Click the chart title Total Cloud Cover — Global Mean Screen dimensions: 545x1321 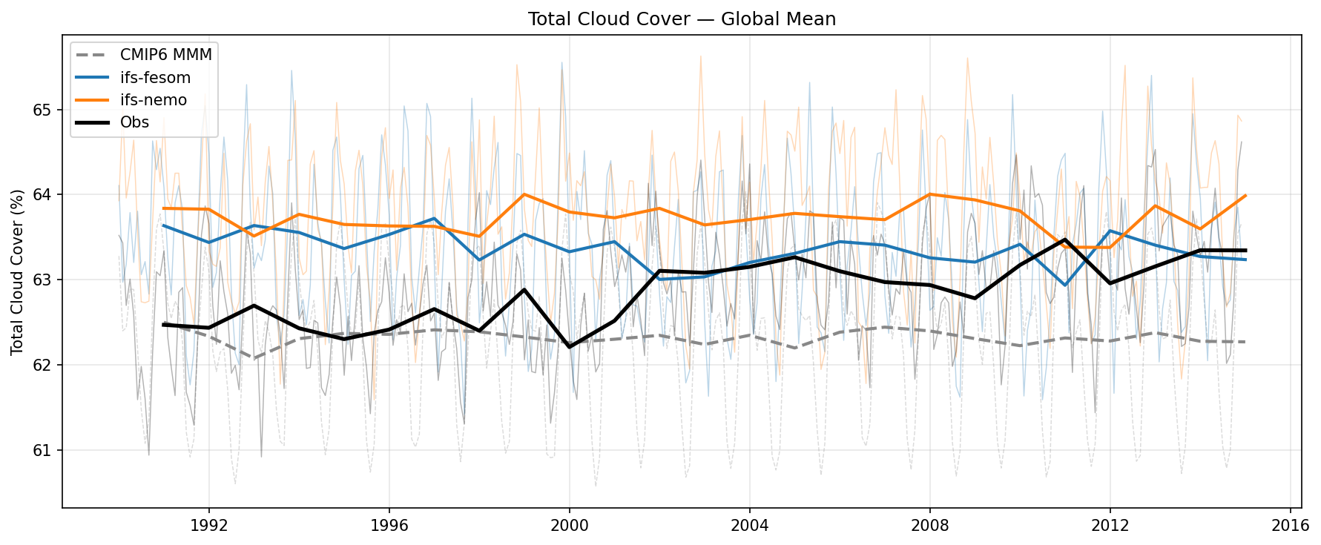click(x=682, y=19)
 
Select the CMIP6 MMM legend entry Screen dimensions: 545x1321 click(x=165, y=55)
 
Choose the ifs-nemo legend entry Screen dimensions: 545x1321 click(x=154, y=100)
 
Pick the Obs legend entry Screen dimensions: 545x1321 click(x=134, y=122)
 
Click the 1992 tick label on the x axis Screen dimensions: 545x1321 click(x=208, y=526)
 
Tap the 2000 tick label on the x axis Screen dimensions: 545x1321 click(x=569, y=526)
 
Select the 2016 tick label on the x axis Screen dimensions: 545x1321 click(x=1290, y=526)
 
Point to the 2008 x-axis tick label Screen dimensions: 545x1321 click(x=929, y=526)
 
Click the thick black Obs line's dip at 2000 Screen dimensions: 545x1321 click(x=569, y=347)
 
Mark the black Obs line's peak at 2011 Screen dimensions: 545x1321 click(x=1065, y=240)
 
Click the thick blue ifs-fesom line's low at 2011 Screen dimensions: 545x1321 click(x=1065, y=285)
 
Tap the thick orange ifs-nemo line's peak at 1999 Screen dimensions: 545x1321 click(x=524, y=194)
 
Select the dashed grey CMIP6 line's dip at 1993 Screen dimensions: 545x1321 click(x=254, y=358)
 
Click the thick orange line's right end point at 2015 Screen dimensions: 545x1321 click(x=1245, y=196)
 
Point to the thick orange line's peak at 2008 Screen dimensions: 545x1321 click(x=929, y=194)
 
